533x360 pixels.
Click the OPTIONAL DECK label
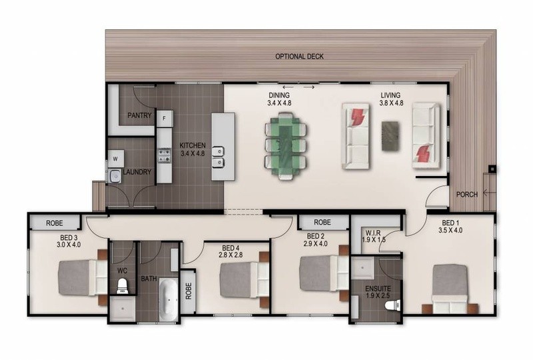pyautogui.click(x=299, y=57)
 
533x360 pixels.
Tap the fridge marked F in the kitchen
pyautogui.click(x=165, y=119)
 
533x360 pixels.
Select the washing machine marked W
pyautogui.click(x=115, y=159)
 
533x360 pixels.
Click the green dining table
pyautogui.click(x=286, y=146)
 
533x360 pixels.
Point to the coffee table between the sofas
pyautogui.click(x=390, y=136)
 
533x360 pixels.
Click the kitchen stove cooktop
pyautogui.click(x=165, y=155)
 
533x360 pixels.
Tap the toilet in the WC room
pyautogui.click(x=122, y=286)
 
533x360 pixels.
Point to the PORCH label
pyautogui.click(x=467, y=195)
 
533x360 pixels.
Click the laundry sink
pyautogui.click(x=115, y=175)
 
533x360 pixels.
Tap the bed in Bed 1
pyautogui.click(x=450, y=289)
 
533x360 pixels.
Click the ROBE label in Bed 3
pyautogui.click(x=55, y=223)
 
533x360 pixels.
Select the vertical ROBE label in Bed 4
pyautogui.click(x=189, y=291)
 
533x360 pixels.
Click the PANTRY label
pyautogui.click(x=139, y=115)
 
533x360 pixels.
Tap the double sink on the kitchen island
pyautogui.click(x=218, y=157)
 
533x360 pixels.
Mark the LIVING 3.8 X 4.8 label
pyautogui.click(x=391, y=99)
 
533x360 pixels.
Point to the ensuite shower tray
pyautogui.click(x=362, y=268)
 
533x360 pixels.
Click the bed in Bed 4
pyautogui.click(x=244, y=280)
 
